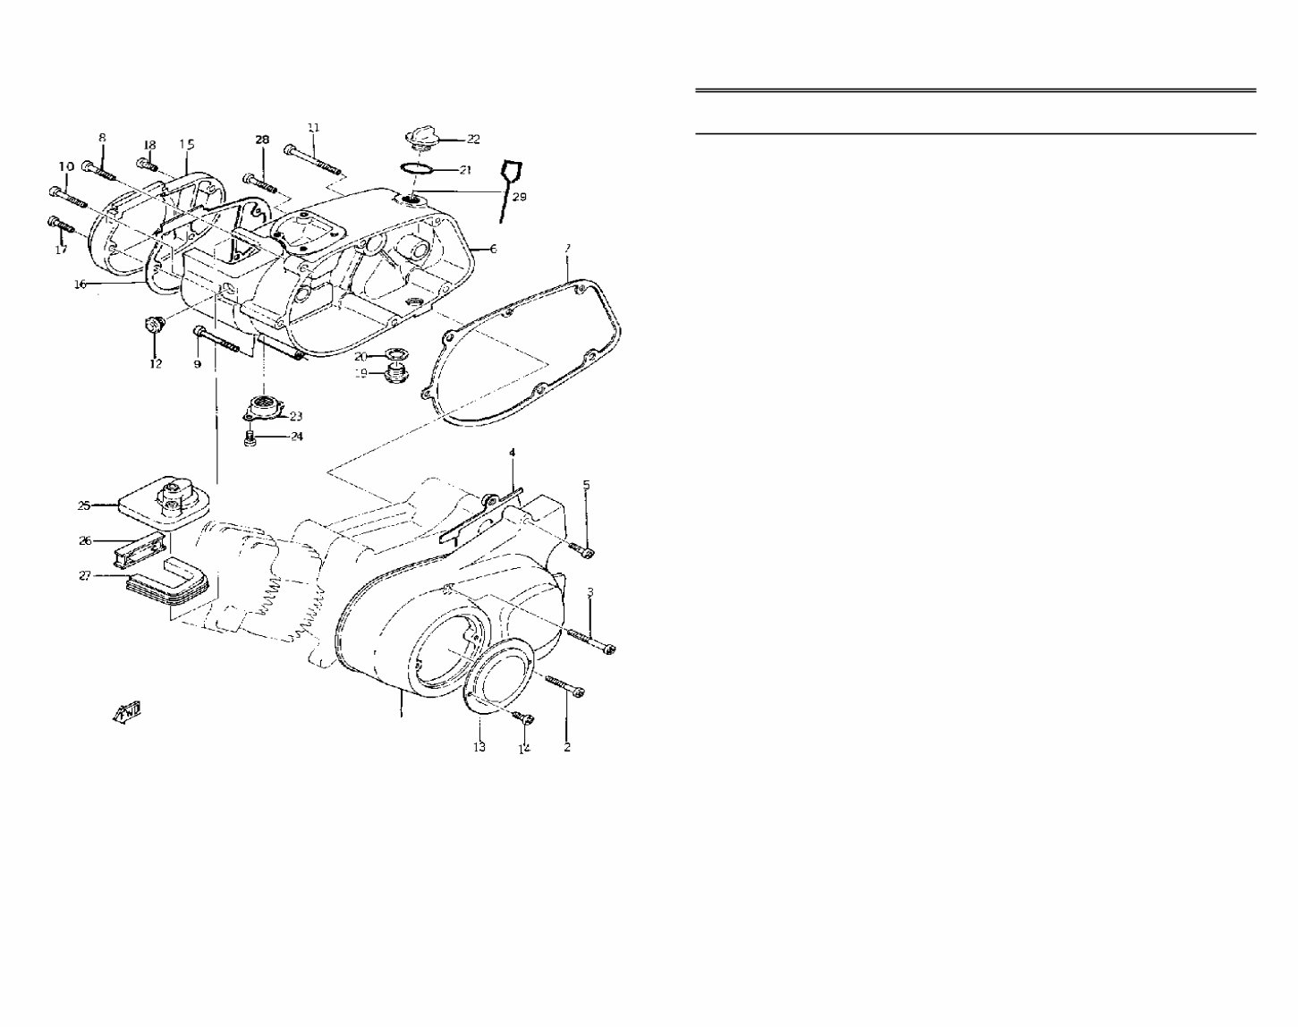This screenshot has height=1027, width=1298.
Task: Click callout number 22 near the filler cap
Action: coord(473,140)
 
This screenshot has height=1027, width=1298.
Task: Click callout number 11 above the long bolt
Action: coord(313,128)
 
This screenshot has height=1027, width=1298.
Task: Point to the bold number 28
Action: coord(261,140)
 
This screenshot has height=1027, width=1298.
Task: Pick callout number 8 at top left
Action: coord(102,138)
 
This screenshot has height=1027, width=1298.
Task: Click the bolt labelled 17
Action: coord(60,224)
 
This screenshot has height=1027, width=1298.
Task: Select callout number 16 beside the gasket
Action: coord(80,284)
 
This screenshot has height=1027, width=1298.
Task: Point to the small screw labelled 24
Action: coord(252,437)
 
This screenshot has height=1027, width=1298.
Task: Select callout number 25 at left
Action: coord(84,506)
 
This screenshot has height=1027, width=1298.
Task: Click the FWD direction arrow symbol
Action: coord(126,710)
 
